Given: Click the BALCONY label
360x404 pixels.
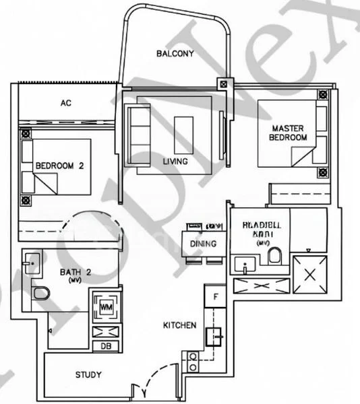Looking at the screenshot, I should tap(175, 53).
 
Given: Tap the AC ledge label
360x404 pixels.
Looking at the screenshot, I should tap(65, 103).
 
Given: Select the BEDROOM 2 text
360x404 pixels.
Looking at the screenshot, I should tap(59, 166).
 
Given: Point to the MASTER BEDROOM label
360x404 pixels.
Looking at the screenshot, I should tap(289, 133).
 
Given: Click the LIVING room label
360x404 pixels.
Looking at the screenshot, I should tap(175, 162).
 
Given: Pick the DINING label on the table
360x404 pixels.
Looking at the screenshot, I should tap(203, 243).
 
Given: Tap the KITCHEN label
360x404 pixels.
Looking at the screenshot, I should tap(180, 325).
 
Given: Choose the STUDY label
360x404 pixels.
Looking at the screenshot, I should tap(88, 375).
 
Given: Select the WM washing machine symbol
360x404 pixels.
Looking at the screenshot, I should tap(106, 307).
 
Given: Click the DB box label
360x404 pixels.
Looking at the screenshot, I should tap(105, 346).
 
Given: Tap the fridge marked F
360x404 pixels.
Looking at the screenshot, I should tap(215, 296).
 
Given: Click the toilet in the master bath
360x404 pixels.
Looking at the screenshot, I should tap(275, 256).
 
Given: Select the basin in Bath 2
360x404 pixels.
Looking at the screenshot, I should tap(32, 262).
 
